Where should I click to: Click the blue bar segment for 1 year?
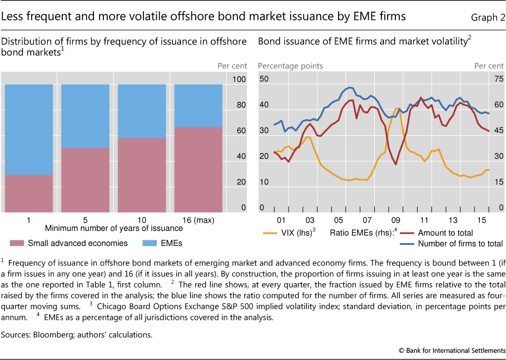click(28, 129)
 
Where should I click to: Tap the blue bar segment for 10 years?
click(141, 111)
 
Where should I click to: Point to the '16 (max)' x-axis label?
click(197, 219)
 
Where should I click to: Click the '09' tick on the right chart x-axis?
click(396, 219)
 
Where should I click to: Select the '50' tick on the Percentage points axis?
click(264, 79)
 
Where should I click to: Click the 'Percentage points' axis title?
click(290, 66)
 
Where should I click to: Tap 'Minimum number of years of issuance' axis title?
click(114, 228)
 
